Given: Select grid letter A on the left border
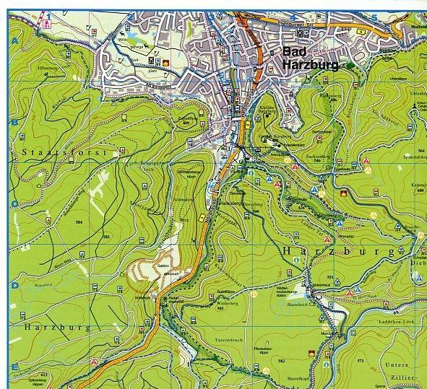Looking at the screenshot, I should pyautogui.click(x=14, y=41).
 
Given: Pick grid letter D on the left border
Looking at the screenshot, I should pyautogui.click(x=14, y=286).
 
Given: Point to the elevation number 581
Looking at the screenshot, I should pyautogui.click(x=106, y=237).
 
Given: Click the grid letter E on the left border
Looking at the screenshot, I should pyautogui.click(x=14, y=368).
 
